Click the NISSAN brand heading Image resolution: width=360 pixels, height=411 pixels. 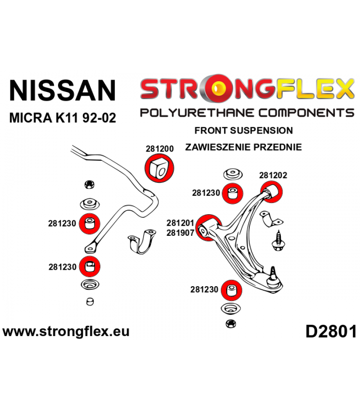(62, 90)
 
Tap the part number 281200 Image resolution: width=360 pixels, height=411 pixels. (159, 148)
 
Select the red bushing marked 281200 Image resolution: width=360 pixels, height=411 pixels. (159, 168)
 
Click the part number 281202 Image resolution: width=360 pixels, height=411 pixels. (273, 175)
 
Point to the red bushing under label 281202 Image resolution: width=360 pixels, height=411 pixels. (272, 192)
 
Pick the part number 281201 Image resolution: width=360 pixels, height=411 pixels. (181, 223)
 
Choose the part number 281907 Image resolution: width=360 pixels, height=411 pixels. (181, 233)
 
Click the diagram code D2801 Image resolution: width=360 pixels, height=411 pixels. (331, 331)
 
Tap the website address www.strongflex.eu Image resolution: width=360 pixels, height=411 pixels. (66, 331)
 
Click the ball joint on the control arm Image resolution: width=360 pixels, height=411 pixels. (274, 278)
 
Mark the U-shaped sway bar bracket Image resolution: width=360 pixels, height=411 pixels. (142, 241)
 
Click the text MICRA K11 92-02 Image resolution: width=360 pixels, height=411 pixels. (62, 118)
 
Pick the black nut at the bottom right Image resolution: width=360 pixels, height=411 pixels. (230, 324)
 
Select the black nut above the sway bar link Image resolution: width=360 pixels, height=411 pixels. (89, 184)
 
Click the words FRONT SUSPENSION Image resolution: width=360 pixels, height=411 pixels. (243, 130)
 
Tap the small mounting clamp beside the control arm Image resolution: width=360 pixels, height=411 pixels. (271, 219)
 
